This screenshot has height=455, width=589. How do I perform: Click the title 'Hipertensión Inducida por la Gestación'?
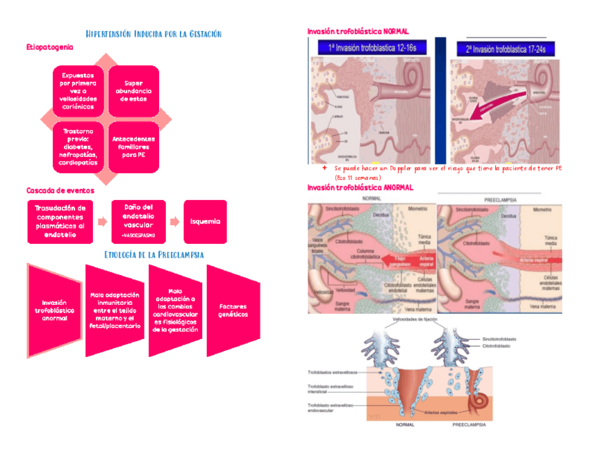coord(152,34)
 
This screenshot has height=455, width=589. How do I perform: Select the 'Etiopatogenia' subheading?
coord(49,47)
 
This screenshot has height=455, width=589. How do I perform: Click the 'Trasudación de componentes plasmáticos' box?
coord(61,221)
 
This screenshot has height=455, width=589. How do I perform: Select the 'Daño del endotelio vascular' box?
coord(138,221)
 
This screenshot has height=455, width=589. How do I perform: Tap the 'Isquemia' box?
coord(205,221)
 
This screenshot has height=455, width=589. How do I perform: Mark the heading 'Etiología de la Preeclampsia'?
coord(153,255)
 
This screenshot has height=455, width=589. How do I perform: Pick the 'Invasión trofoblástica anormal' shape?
coord(54,309)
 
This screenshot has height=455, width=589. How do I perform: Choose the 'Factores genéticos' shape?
coord(233,309)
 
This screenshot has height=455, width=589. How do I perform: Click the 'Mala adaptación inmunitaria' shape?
coord(114,310)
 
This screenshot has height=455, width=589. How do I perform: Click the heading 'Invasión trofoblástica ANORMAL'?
coord(360,188)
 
